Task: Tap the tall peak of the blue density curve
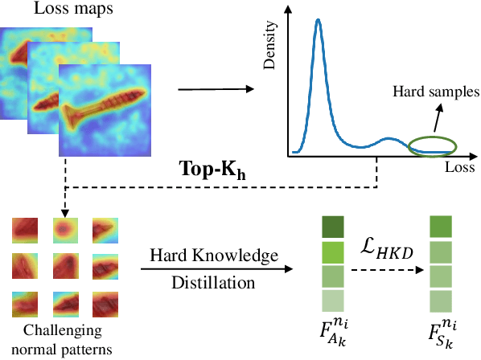318,22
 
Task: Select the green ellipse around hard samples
434,145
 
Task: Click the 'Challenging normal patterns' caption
61,340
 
